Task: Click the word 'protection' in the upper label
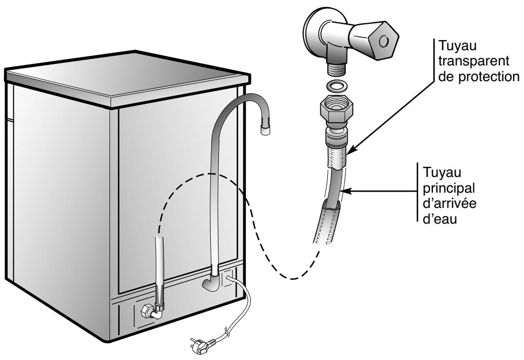coord(468,76)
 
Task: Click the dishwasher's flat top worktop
coord(127,76)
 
